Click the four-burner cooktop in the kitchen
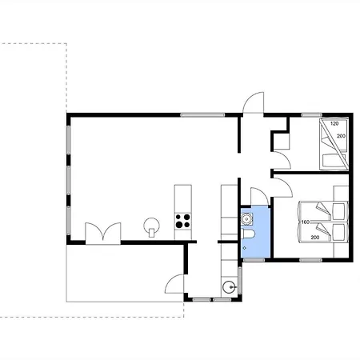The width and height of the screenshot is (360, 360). pyautogui.click(x=183, y=221)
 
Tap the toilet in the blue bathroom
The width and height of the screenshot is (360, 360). pyautogui.click(x=249, y=234)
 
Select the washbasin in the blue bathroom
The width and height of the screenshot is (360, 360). pyautogui.click(x=246, y=219)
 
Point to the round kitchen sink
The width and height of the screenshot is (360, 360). pyautogui.click(x=229, y=287)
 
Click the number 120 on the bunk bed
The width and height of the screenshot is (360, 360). pyautogui.click(x=334, y=123)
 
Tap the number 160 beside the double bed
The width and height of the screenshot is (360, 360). pyautogui.click(x=306, y=222)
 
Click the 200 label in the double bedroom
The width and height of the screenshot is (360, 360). pyautogui.click(x=315, y=238)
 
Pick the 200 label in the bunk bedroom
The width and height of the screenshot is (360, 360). pyautogui.click(x=341, y=136)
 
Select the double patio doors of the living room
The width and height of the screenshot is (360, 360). pyautogui.click(x=103, y=233)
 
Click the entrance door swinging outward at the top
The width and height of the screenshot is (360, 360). pyautogui.click(x=253, y=102)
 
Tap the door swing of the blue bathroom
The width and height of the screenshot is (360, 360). pyautogui.click(x=259, y=197)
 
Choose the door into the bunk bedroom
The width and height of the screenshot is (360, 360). pyautogui.click(x=281, y=160)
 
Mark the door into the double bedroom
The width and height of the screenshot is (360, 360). pyautogui.click(x=282, y=187)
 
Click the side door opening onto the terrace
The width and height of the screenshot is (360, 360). pyautogui.click(x=174, y=284)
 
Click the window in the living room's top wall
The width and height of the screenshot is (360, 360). pyautogui.click(x=202, y=115)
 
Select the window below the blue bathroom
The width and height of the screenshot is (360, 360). pyautogui.click(x=254, y=260)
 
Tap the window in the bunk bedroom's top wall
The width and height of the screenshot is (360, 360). pyautogui.click(x=312, y=115)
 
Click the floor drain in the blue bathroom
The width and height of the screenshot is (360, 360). pyautogui.click(x=245, y=248)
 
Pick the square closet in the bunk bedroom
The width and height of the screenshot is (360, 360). pyautogui.click(x=282, y=142)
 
